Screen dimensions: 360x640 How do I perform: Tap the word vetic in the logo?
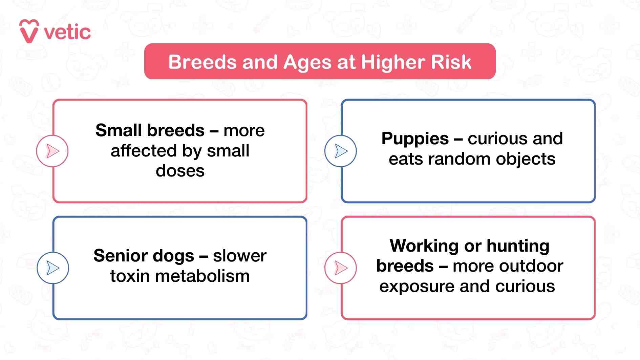67,33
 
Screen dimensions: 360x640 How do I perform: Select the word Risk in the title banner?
451,62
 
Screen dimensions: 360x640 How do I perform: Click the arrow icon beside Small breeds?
52,151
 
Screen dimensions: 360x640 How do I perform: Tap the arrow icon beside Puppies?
341,151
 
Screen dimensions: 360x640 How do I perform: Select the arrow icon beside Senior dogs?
53,268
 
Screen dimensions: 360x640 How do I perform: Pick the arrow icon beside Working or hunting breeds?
341,268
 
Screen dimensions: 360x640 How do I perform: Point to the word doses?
180,171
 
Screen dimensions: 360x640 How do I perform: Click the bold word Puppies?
415,139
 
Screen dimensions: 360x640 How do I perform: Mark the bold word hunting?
518,246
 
